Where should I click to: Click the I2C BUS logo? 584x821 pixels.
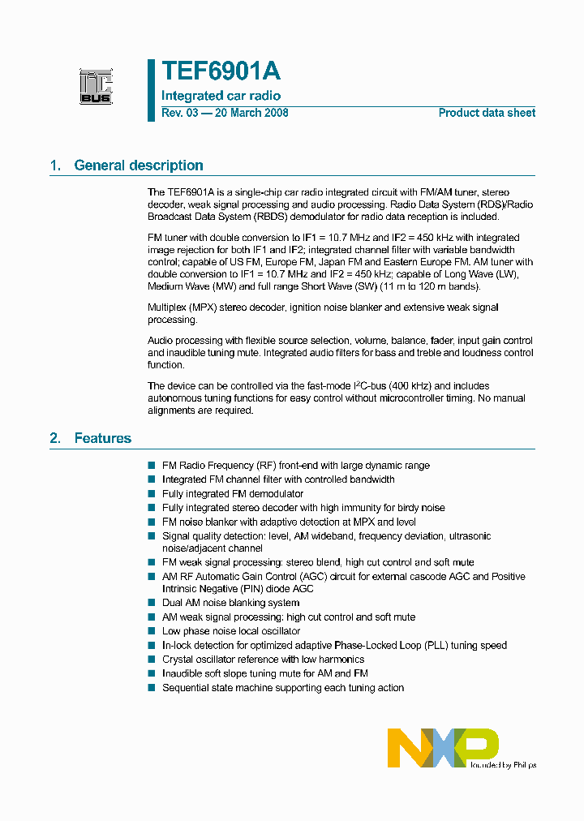pyautogui.click(x=96, y=87)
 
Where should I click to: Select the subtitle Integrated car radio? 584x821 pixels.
pyautogui.click(x=221, y=96)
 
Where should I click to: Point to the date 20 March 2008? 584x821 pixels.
pyautogui.click(x=251, y=113)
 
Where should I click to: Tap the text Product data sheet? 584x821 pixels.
pyautogui.click(x=487, y=113)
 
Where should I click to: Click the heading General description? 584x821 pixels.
pyautogui.click(x=139, y=165)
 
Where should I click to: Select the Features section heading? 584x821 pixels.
pyautogui.click(x=102, y=438)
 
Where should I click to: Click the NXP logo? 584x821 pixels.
pyautogui.click(x=443, y=747)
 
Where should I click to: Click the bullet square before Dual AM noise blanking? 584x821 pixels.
pyautogui.click(x=152, y=603)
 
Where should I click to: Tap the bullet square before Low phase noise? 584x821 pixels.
pyautogui.click(x=152, y=631)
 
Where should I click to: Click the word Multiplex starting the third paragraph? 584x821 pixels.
pyautogui.click(x=168, y=307)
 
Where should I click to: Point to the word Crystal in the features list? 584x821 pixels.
pyautogui.click(x=178, y=660)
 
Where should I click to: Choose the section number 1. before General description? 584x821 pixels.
pyautogui.click(x=55, y=165)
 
